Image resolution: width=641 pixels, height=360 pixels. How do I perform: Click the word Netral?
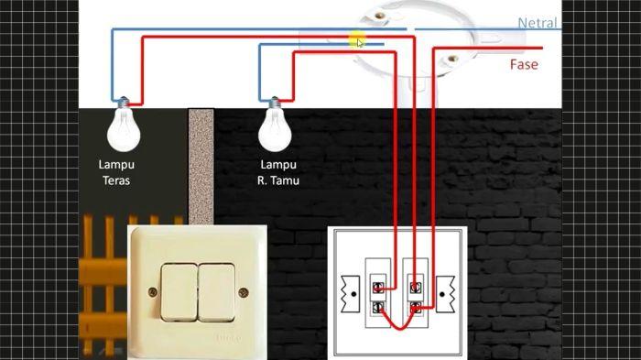click(x=538, y=23)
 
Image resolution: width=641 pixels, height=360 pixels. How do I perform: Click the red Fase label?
click(x=524, y=64)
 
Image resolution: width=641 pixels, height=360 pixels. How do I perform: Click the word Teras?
click(x=116, y=180)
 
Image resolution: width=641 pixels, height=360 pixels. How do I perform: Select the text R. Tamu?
click(x=278, y=180)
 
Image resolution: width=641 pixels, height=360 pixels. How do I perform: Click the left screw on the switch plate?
click(x=153, y=292)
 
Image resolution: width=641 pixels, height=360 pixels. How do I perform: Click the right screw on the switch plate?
click(x=244, y=292)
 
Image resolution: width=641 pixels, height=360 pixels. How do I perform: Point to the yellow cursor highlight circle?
click(x=357, y=41)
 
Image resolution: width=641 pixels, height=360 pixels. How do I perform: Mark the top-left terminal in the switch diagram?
click(x=378, y=288)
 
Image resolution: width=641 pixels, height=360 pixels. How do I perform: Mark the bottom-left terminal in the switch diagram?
click(x=378, y=308)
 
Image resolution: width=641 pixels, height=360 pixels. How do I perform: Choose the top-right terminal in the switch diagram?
click(x=416, y=288)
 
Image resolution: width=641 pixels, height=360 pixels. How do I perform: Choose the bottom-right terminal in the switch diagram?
click(x=416, y=308)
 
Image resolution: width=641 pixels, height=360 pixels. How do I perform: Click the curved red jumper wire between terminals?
click(x=397, y=328)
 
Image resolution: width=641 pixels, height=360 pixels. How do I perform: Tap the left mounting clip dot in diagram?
click(x=353, y=294)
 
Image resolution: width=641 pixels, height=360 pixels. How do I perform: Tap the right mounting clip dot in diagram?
click(x=442, y=294)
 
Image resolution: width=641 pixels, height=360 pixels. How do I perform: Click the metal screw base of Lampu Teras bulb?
click(x=124, y=103)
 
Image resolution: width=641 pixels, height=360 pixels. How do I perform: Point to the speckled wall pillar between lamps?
click(x=201, y=166)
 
